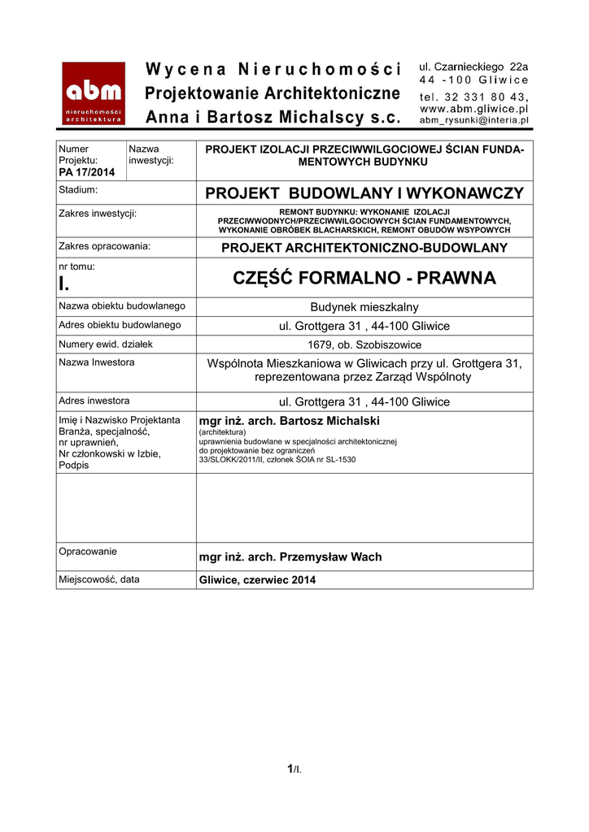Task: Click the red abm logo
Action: (94, 93)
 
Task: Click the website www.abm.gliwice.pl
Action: (473, 107)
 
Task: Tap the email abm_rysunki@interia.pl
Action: (473, 119)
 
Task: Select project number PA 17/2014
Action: (87, 172)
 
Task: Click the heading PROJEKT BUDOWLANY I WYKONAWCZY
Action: (364, 193)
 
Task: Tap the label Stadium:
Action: (78, 190)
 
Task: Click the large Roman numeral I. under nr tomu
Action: (64, 284)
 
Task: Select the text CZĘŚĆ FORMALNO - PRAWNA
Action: (364, 279)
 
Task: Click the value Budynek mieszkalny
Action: (364, 307)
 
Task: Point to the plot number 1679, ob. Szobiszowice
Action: (364, 344)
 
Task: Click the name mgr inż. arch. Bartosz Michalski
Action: (290, 421)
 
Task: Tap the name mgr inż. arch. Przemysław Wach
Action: (290, 557)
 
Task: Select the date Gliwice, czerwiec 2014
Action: (258, 580)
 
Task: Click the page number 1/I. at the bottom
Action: (294, 769)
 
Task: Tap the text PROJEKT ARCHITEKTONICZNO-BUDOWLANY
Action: (364, 248)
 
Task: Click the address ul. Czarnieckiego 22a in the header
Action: (473, 66)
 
